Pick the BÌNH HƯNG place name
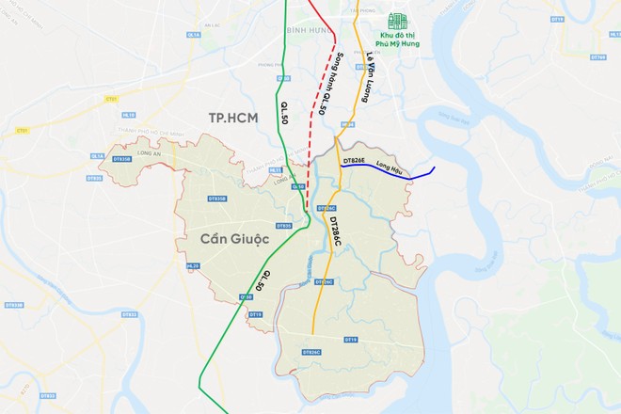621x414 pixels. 303,29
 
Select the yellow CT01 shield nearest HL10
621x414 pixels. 113,98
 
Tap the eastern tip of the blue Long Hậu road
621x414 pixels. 435,167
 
